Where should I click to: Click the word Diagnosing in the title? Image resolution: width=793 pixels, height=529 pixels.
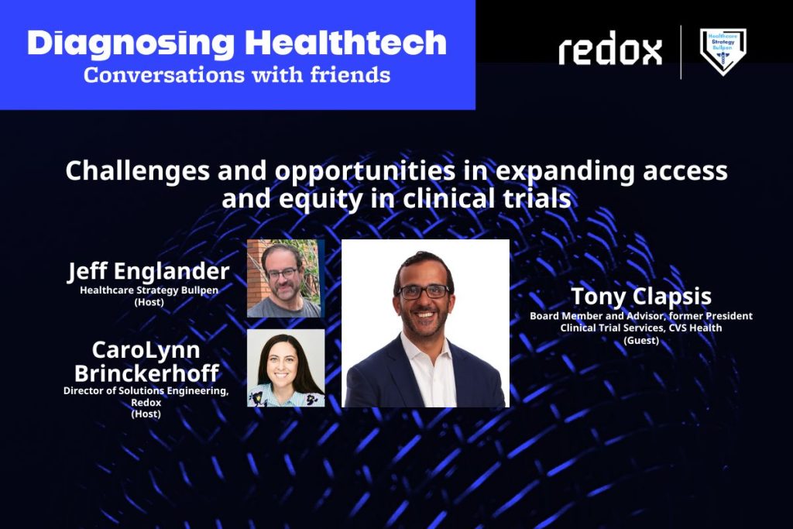pyautogui.click(x=130, y=44)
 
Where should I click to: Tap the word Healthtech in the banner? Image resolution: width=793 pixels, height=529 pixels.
pyautogui.click(x=346, y=43)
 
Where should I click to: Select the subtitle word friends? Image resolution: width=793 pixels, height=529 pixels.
pyautogui.click(x=350, y=75)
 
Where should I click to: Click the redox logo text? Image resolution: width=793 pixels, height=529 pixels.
pyautogui.click(x=610, y=49)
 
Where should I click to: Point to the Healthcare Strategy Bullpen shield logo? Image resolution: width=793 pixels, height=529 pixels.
pyautogui.click(x=723, y=51)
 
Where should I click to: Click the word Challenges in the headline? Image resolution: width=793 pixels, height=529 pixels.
pyautogui.click(x=138, y=171)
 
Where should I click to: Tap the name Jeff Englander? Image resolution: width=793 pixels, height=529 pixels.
pyautogui.click(x=149, y=272)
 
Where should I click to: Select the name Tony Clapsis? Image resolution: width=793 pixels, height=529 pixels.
pyautogui.click(x=641, y=297)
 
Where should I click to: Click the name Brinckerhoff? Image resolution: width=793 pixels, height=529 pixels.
pyautogui.click(x=146, y=373)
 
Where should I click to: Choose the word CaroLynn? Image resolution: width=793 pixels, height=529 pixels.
pyautogui.click(x=146, y=351)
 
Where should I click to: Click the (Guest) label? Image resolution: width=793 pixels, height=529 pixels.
pyautogui.click(x=641, y=340)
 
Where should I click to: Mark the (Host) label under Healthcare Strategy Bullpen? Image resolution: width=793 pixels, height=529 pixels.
pyautogui.click(x=149, y=302)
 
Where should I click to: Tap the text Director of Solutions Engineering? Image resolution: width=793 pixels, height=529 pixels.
pyautogui.click(x=146, y=391)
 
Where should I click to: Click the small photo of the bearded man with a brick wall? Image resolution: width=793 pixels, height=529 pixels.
pyautogui.click(x=286, y=279)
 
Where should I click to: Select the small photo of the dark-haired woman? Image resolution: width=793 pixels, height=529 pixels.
pyautogui.click(x=286, y=368)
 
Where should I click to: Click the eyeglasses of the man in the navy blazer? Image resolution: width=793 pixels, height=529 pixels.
pyautogui.click(x=424, y=291)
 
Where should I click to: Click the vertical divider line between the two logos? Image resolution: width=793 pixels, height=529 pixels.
pyautogui.click(x=681, y=52)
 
